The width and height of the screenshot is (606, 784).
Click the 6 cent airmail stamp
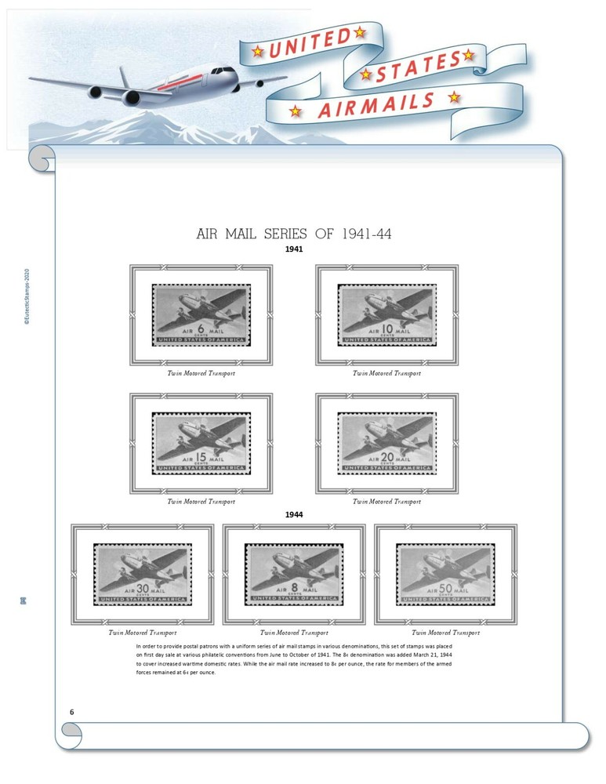(x=201, y=314)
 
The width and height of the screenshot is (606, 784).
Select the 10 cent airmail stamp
(x=386, y=314)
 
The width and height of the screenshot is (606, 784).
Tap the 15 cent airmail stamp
(x=201, y=443)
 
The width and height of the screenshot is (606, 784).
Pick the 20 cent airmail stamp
(x=386, y=443)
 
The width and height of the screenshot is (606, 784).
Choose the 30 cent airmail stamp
(x=142, y=575)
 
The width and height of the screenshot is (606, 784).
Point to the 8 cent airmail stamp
(x=294, y=575)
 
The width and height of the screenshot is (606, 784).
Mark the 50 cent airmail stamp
(x=445, y=575)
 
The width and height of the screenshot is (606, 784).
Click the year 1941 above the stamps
(x=294, y=249)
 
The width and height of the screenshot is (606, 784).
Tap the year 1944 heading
(x=294, y=514)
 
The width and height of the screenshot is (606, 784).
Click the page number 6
(x=72, y=711)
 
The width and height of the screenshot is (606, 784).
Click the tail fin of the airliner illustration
(x=122, y=79)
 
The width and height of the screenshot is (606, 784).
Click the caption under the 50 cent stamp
(x=445, y=633)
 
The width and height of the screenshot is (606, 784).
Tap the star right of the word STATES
(x=468, y=55)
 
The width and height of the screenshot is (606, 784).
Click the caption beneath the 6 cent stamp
(x=201, y=373)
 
